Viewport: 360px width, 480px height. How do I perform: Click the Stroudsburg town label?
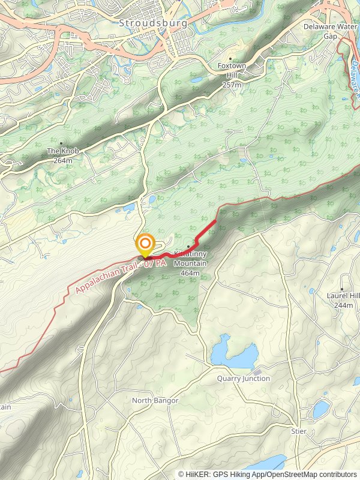point(153,23)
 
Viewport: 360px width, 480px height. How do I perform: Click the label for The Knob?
point(61,151)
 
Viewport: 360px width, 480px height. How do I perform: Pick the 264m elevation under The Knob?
point(61,160)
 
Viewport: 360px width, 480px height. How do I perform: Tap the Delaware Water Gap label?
point(329,31)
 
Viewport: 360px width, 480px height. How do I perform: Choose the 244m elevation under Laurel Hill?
point(343,305)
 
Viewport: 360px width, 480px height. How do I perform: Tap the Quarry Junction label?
point(244,379)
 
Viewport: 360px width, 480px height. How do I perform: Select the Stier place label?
point(298,431)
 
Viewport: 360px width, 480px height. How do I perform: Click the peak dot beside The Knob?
point(61,143)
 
